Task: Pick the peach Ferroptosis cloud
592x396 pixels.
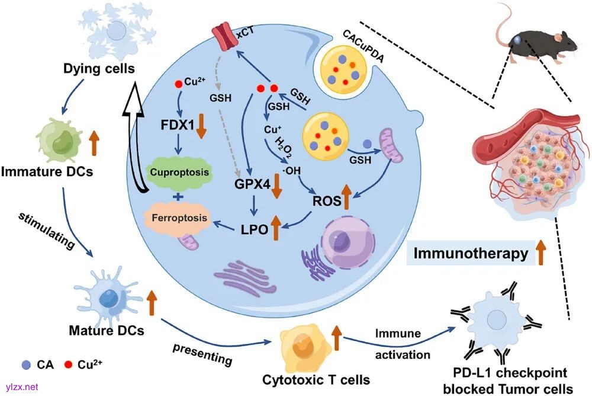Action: click(179, 218)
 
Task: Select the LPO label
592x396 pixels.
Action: click(252, 228)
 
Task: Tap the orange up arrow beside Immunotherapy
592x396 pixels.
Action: click(540, 254)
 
